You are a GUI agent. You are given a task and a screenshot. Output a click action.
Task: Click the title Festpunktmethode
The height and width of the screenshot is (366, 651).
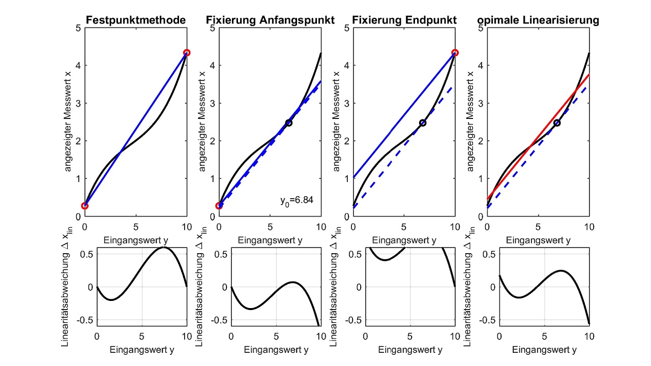[x=135, y=20]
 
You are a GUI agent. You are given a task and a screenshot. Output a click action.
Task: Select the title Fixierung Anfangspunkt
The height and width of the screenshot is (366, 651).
[x=270, y=20]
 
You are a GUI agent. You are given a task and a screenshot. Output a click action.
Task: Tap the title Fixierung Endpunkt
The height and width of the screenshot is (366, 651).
[x=404, y=20]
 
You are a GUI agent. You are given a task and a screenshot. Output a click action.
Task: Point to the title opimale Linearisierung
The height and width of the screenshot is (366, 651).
[x=538, y=20]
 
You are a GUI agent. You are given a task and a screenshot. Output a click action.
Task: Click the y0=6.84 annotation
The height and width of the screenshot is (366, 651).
[x=297, y=200]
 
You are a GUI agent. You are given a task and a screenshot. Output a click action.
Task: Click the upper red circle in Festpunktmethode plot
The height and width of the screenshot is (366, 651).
[x=187, y=53]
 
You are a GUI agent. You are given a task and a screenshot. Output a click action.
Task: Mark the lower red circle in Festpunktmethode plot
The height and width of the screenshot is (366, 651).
[x=85, y=205]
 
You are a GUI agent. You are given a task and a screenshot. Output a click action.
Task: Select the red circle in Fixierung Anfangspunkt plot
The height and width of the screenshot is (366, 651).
[x=219, y=205]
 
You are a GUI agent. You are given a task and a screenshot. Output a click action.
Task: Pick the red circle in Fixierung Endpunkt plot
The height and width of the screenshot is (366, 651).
[x=455, y=53]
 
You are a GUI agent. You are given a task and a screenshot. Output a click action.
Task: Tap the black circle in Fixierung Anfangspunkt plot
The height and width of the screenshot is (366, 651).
[x=289, y=123]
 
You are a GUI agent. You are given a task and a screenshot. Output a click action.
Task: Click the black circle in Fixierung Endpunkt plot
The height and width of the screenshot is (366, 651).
[x=423, y=123]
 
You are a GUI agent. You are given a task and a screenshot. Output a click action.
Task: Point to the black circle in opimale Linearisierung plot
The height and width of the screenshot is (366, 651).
[x=557, y=123]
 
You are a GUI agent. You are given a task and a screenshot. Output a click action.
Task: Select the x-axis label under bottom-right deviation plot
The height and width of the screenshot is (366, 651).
[x=544, y=350]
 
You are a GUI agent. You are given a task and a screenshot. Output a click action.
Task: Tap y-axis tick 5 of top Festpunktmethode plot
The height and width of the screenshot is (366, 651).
[x=78, y=27]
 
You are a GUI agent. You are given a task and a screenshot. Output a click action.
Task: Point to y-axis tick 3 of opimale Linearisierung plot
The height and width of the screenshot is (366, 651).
[x=481, y=103]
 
